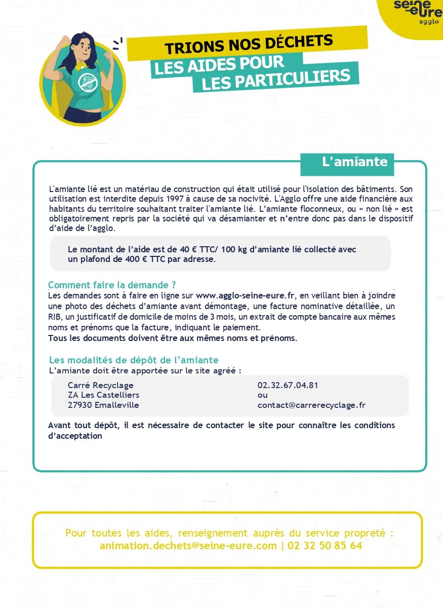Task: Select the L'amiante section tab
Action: pos(354,162)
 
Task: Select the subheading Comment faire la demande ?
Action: pos(112,285)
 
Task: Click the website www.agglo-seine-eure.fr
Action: pos(245,295)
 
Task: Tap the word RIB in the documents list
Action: pos(55,317)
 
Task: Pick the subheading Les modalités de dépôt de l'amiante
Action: pos(134,360)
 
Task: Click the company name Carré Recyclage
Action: pos(100,386)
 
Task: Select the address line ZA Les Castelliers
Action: pos(103,395)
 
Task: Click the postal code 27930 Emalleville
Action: pos(103,405)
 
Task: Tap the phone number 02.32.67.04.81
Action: pos(288,386)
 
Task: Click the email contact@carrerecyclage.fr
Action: pos(311,405)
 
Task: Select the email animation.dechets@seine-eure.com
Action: pos(188,546)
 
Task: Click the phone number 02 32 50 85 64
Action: pos(325,546)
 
